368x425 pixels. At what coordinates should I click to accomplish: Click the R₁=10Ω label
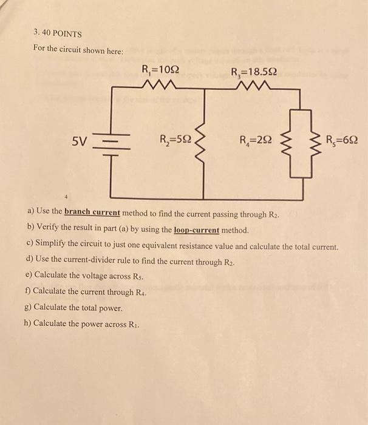coord(160,69)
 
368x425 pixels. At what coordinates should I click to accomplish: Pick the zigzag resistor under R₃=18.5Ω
coord(253,86)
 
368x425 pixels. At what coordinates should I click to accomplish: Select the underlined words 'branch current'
coord(92,213)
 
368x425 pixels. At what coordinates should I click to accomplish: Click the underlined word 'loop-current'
coord(196,231)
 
